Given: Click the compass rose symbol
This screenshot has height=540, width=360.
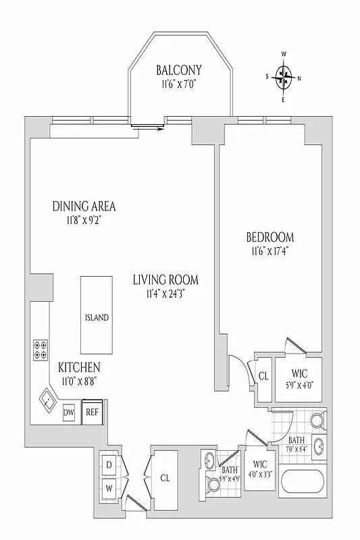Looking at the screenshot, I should (284, 77).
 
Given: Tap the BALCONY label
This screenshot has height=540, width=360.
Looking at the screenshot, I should (179, 70).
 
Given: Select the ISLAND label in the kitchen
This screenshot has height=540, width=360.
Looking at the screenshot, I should (97, 317).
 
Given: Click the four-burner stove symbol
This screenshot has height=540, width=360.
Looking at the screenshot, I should (41, 350).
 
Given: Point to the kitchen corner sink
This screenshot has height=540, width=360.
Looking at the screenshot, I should (48, 401).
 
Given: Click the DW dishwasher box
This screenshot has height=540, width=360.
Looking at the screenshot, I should (69, 412).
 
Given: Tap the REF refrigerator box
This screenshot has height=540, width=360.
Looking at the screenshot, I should (91, 412).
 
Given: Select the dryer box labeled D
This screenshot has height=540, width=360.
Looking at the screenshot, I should (109, 464).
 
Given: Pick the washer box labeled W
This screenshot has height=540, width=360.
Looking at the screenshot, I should (109, 487).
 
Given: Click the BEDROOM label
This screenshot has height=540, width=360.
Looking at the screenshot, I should (269, 238).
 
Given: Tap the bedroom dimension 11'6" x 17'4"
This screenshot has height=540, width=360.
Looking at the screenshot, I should (269, 252).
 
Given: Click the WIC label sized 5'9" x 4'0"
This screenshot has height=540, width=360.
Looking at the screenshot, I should (300, 373).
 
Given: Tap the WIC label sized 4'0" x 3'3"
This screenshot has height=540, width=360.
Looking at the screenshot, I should (259, 464).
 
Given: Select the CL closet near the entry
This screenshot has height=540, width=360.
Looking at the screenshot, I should (165, 477).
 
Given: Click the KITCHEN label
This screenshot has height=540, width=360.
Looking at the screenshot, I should (79, 367).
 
